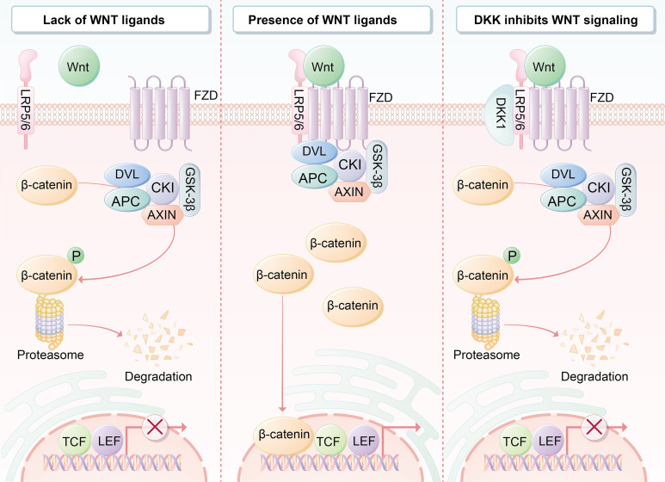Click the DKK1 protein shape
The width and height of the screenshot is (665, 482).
[499, 114]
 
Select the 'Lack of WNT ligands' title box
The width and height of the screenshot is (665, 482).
[111, 20]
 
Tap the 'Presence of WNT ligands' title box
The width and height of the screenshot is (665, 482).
[332, 20]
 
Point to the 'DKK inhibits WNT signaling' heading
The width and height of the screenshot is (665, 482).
[556, 20]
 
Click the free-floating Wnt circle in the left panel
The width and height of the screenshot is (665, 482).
[78, 66]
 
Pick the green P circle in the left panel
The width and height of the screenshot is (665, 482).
[76, 256]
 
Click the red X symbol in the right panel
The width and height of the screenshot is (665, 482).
[594, 427]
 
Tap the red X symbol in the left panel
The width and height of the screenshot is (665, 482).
[154, 427]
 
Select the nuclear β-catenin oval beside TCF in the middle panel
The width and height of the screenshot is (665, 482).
[284, 435]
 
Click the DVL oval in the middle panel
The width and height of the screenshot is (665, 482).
[314, 151]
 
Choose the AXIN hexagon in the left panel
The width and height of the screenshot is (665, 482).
[162, 215]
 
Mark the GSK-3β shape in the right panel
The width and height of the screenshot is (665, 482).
[625, 189]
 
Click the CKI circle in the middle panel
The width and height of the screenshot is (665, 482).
[350, 164]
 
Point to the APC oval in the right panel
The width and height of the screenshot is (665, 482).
[562, 201]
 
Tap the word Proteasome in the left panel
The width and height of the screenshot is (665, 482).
[51, 355]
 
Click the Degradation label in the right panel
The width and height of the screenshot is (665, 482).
[594, 376]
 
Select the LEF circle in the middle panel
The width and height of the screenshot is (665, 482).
[364, 442]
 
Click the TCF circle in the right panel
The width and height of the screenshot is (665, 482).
[514, 442]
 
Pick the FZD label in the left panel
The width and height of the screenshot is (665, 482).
[206, 95]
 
